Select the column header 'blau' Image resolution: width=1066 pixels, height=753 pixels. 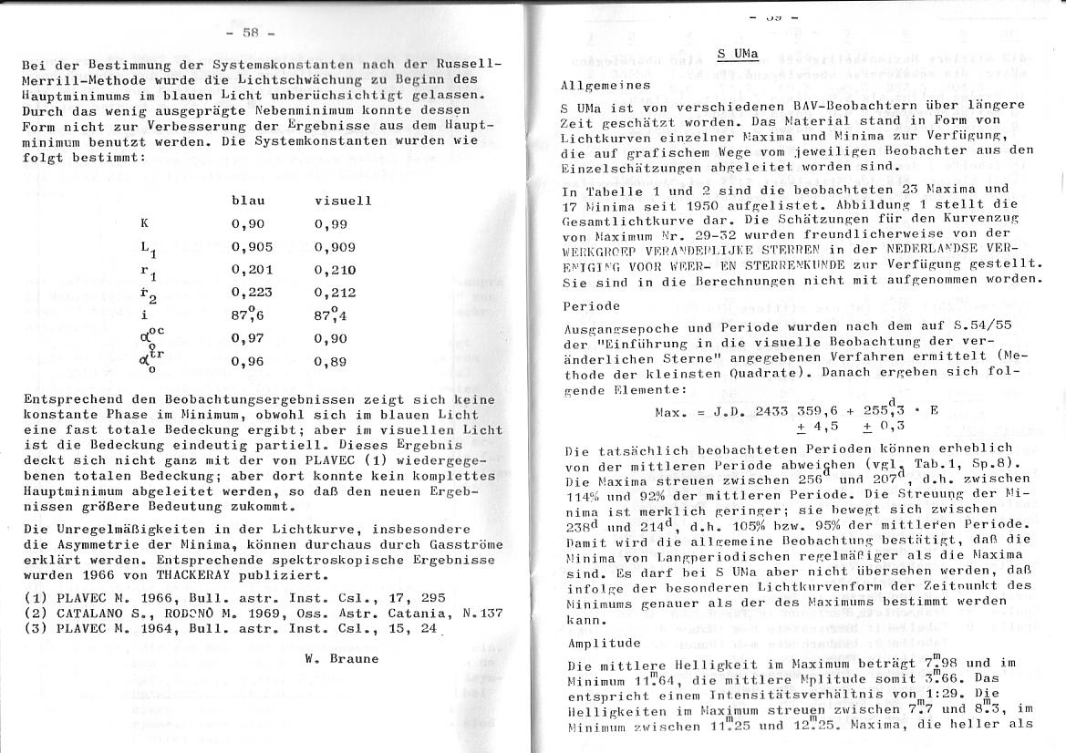[x=248, y=201]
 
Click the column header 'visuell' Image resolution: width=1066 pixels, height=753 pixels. [x=342, y=201]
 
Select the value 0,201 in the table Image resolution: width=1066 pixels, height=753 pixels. [x=252, y=270]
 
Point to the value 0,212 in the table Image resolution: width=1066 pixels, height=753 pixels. [x=335, y=293]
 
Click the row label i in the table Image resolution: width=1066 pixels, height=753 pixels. [x=144, y=315]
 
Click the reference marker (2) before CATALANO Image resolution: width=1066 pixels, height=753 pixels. [x=35, y=613]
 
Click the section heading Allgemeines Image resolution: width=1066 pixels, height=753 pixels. [x=605, y=85]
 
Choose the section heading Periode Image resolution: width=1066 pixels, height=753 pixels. [x=591, y=305]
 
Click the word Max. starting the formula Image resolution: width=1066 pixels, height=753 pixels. [x=673, y=411]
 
